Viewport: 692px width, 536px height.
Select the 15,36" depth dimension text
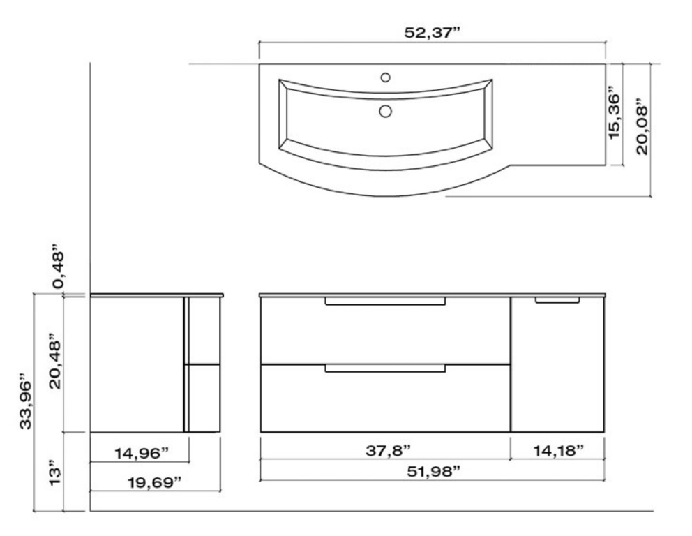(614, 114)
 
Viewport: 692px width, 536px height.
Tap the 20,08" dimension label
(640, 130)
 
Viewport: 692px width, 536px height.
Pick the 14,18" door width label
(558, 451)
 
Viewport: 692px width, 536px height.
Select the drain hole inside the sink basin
(386, 110)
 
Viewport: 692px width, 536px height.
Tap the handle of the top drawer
(385, 301)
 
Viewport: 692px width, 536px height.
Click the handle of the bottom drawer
(385, 368)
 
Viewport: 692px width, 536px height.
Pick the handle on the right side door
(557, 301)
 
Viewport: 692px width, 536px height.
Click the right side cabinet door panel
(558, 370)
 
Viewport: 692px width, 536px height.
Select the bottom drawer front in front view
(385, 401)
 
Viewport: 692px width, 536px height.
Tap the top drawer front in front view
(385, 334)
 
